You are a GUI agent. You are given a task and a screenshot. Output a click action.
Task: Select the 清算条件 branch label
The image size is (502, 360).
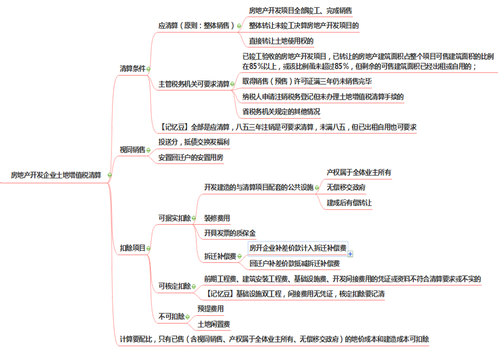point(131,69)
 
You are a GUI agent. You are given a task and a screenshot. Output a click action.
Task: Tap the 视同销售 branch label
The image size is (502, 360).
point(131,150)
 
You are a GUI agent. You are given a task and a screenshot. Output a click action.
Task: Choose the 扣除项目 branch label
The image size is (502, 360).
point(132,248)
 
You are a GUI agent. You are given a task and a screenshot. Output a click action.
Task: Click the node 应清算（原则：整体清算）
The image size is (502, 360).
point(196,26)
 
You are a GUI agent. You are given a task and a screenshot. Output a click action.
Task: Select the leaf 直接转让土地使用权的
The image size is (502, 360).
point(281,41)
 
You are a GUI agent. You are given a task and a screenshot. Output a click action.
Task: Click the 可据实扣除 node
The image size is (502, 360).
point(174,218)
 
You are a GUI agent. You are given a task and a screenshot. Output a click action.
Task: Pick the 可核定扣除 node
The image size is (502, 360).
point(174,286)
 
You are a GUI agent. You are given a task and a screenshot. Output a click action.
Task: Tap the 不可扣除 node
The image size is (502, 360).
point(170,317)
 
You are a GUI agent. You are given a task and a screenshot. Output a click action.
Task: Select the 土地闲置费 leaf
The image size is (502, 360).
point(215,324)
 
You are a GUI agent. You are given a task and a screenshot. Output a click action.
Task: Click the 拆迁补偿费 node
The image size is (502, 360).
point(220,257)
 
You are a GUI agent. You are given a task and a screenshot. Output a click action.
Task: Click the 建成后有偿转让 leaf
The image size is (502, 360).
point(349,202)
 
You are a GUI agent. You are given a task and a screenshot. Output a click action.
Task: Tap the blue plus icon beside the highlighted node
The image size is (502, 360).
point(350,254)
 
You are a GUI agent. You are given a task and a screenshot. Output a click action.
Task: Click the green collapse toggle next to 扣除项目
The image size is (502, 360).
point(148,249)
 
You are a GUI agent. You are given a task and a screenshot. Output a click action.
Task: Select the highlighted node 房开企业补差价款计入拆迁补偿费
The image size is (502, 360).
point(298,247)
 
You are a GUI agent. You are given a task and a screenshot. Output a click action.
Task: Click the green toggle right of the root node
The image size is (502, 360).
point(109,175)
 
